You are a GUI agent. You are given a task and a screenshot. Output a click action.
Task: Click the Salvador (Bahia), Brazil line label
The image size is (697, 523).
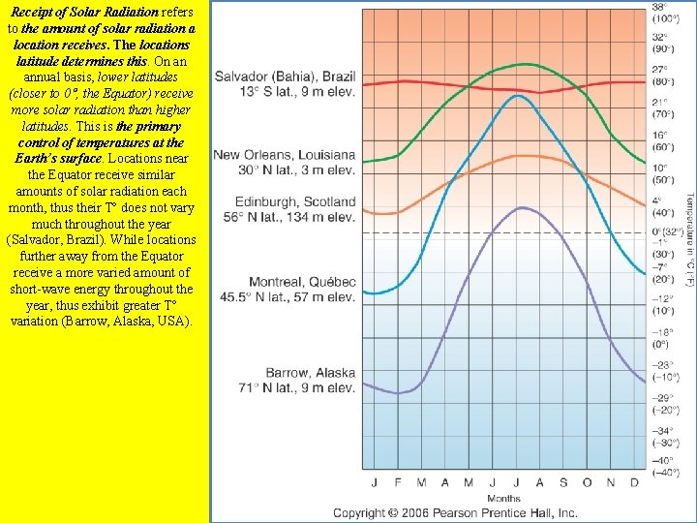285,83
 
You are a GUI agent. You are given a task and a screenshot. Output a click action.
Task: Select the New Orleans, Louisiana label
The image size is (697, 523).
284,162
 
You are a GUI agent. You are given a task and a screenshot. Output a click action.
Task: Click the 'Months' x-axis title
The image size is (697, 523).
503,499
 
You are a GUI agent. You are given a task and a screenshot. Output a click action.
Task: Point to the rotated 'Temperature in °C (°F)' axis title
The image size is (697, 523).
689,237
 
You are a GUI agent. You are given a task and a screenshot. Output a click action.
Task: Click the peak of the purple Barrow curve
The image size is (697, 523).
522,207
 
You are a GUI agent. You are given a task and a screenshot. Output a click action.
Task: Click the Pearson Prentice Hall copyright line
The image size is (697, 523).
455,513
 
